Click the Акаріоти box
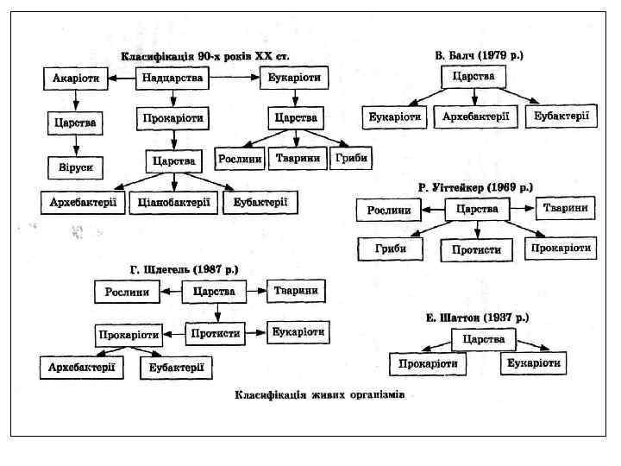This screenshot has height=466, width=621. [x=76, y=79]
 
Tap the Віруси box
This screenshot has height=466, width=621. [x=76, y=164]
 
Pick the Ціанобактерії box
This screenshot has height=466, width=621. [x=174, y=203]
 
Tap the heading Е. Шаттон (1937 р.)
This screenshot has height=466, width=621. [x=477, y=317]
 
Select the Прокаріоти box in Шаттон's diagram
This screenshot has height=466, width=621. [x=428, y=363]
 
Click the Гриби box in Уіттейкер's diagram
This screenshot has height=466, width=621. [x=391, y=249]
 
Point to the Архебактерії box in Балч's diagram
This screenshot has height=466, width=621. [x=476, y=116]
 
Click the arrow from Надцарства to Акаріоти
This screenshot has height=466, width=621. [x=122, y=79]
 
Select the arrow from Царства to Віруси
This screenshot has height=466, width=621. [x=76, y=143]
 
